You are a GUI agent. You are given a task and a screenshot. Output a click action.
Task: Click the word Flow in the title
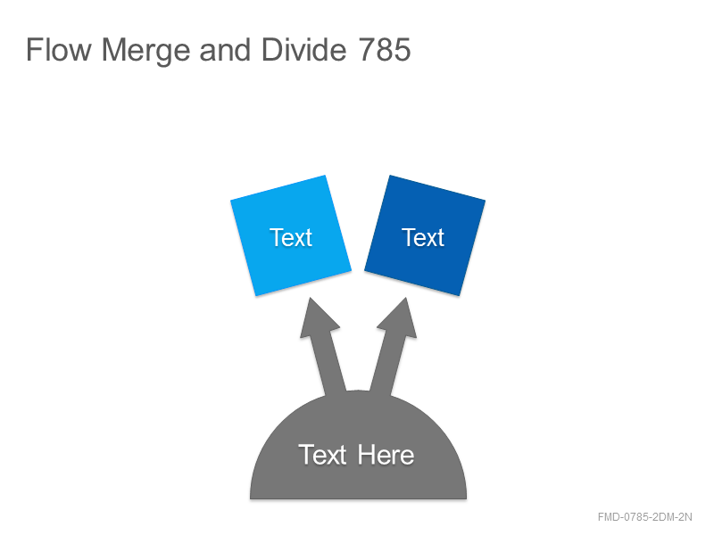(59, 49)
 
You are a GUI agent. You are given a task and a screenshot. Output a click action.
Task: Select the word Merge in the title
(145, 51)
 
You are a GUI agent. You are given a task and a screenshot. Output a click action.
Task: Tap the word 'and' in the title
(225, 49)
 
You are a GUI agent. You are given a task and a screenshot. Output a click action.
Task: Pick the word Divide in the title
(303, 49)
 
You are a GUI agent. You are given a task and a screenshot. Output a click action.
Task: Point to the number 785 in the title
(385, 49)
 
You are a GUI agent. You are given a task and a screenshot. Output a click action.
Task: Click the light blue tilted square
(291, 235)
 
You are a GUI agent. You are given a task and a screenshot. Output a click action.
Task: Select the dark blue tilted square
(425, 235)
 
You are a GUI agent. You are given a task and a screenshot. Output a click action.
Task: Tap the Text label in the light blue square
(291, 237)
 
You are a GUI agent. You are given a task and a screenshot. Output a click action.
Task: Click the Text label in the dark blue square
(423, 237)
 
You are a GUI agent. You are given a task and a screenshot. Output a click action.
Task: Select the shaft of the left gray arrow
(328, 364)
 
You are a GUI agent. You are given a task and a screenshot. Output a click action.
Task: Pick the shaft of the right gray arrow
(387, 364)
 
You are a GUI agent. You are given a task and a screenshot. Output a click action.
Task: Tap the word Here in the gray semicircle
(386, 455)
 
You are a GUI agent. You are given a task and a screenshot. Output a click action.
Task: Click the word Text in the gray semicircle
(322, 455)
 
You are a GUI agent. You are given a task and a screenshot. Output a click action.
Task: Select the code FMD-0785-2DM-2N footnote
(644, 517)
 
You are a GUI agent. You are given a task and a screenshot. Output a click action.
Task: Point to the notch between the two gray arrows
(358, 391)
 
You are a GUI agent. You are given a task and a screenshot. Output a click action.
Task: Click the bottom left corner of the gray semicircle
(250, 498)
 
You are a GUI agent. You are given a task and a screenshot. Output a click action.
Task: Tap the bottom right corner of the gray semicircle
(467, 498)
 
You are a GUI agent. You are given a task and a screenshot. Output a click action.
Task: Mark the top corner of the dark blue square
(390, 175)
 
